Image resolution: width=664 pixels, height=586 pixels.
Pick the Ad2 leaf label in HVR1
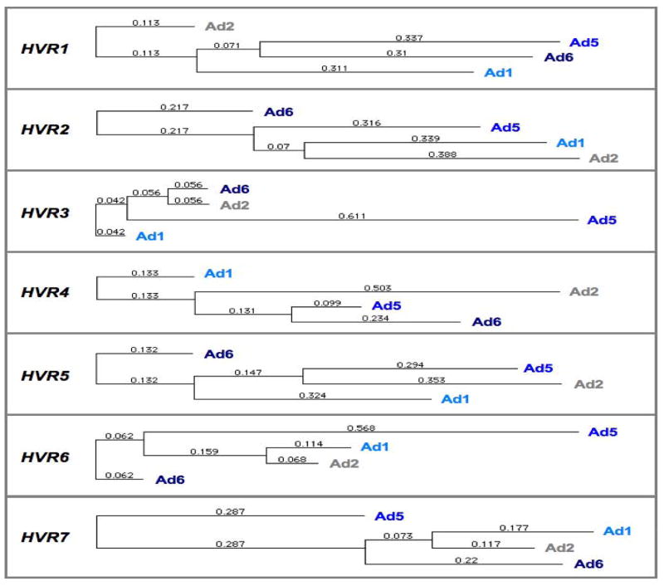click(x=220, y=27)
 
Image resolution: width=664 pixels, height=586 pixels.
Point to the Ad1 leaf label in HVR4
click(x=219, y=273)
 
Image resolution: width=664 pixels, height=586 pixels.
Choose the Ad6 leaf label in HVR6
click(x=171, y=479)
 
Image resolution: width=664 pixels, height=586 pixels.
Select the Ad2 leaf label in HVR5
click(x=589, y=383)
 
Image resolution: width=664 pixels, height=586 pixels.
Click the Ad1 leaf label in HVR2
click(x=570, y=143)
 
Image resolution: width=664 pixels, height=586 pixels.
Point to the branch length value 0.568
click(x=361, y=428)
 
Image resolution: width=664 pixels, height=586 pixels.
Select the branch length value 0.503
click(x=378, y=287)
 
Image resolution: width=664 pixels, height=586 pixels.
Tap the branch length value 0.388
click(x=442, y=154)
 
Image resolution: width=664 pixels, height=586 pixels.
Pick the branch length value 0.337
click(x=409, y=37)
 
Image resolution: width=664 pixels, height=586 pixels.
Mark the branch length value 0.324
click(x=313, y=395)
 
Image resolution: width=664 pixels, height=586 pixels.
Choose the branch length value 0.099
click(x=327, y=303)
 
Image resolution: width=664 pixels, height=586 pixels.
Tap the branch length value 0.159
click(x=203, y=452)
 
